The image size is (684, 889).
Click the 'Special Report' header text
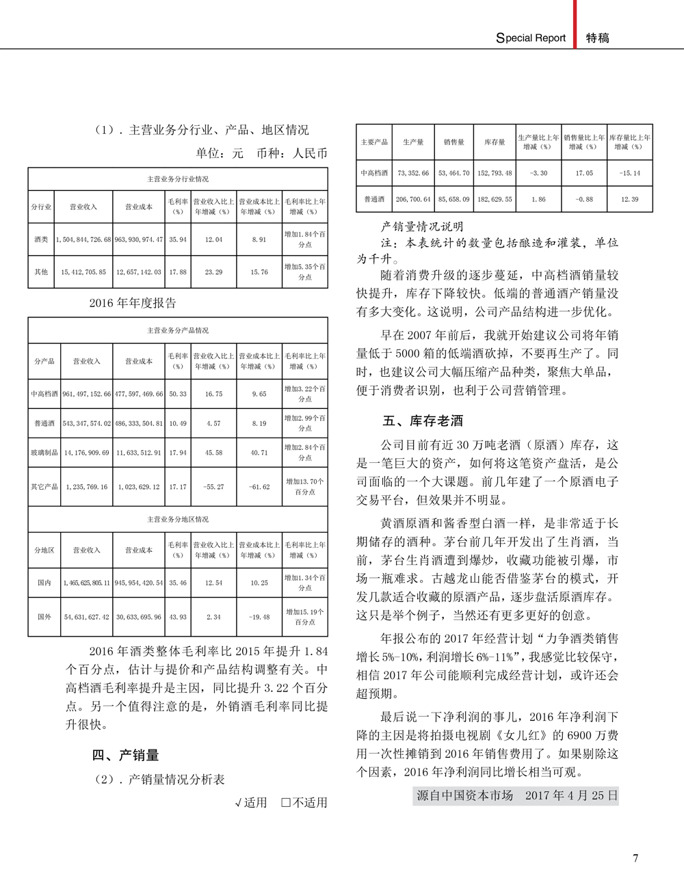531,38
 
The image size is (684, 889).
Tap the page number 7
635,858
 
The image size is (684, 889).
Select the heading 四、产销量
125,755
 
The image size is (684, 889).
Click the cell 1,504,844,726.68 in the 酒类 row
87,240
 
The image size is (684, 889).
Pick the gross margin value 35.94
178,240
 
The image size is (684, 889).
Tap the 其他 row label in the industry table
42,272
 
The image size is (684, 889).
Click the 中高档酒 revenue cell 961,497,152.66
87,394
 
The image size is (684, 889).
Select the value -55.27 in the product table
213,487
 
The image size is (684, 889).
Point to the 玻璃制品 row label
44,453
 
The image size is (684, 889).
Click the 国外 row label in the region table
44,617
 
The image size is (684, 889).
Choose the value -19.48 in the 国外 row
259,617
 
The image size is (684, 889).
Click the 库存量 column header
495,142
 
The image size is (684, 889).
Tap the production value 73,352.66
413,174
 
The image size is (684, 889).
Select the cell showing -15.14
629,174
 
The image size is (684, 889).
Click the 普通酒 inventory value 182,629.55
495,200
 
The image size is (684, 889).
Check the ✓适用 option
250,802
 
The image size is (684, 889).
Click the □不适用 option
304,802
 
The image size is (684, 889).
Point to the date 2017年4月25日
571,795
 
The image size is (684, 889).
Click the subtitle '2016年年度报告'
133,303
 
